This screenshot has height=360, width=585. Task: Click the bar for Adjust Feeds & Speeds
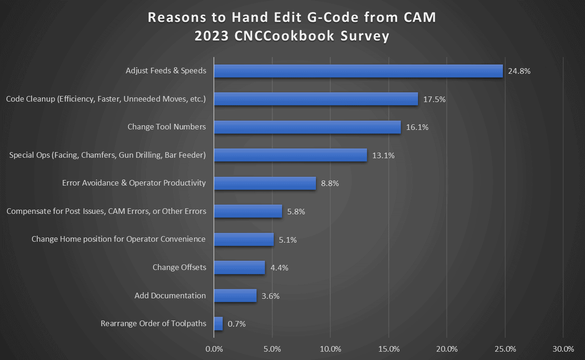358,71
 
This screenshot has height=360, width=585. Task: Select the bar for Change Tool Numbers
307,127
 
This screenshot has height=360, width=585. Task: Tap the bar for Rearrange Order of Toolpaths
218,324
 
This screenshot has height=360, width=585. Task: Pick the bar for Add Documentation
235,296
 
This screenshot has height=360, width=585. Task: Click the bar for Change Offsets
239,268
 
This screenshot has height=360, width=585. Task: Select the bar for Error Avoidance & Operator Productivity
265,183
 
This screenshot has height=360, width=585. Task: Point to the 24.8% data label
519,71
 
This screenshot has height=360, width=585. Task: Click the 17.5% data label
434,99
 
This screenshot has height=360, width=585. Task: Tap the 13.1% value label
383,155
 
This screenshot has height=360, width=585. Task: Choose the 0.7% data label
237,324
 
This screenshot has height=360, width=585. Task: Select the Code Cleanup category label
106,99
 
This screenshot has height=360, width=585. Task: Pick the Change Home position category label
118,239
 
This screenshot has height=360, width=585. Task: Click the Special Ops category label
107,155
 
